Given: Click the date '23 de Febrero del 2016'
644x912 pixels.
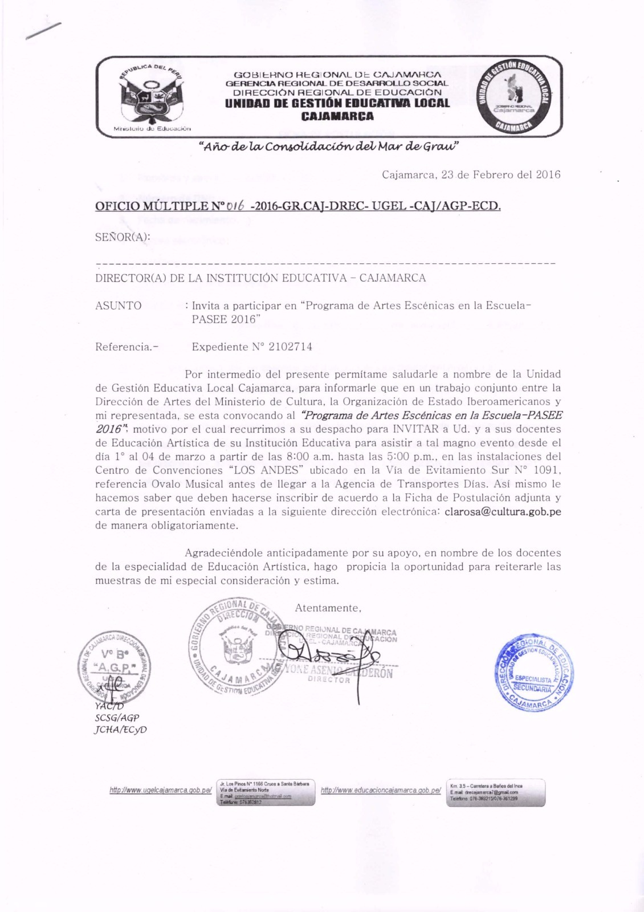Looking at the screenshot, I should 501,175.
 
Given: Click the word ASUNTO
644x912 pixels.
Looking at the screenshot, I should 119,306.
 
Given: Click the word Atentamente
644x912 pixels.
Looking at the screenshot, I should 328,608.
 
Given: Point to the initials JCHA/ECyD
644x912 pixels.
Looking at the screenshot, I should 120,729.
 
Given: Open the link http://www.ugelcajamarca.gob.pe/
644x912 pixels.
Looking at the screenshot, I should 161,791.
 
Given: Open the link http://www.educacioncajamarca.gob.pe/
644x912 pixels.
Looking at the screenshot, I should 381,791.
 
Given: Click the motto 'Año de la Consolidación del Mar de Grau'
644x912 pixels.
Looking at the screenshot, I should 329,147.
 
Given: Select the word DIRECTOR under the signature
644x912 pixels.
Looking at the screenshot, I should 329,680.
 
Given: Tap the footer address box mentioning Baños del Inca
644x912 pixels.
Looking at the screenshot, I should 495,792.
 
